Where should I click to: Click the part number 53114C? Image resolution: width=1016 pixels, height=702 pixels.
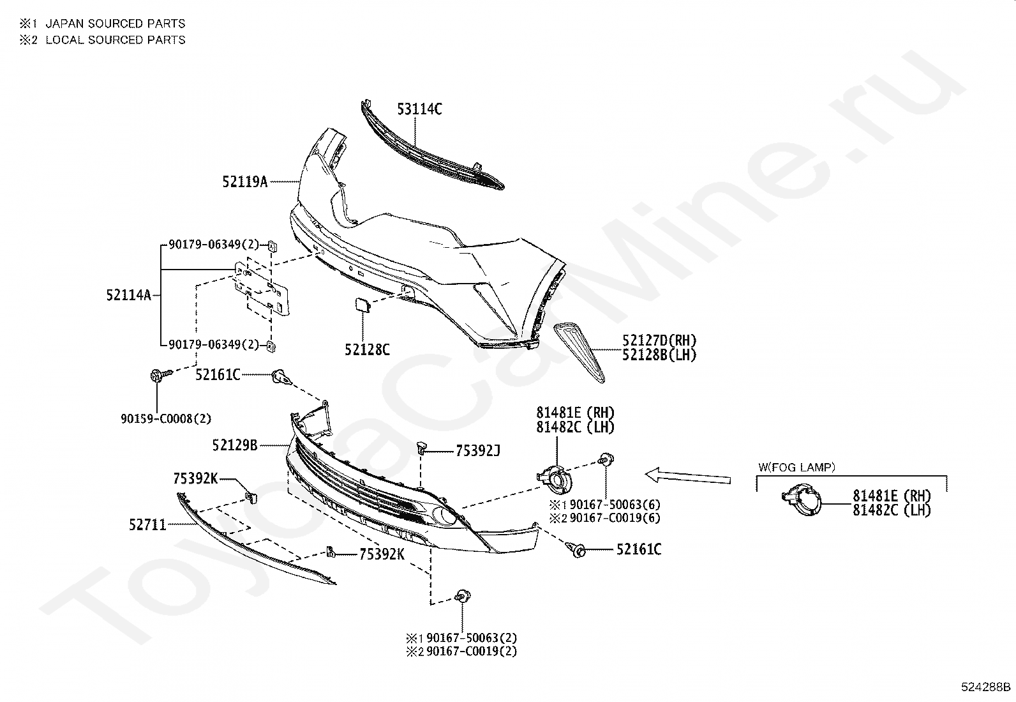point(419,109)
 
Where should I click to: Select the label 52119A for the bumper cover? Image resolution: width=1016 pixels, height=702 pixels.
point(244,182)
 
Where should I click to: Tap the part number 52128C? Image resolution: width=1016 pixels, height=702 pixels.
point(367,350)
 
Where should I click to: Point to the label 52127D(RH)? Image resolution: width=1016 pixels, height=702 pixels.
point(659,341)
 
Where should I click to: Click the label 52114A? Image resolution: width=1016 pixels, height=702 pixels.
point(128,295)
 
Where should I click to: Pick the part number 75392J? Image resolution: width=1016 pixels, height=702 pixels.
point(477,451)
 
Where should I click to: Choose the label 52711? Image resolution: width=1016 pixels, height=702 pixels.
point(147,525)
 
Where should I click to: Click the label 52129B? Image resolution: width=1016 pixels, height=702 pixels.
point(234,445)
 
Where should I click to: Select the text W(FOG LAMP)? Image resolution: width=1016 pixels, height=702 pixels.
point(796,468)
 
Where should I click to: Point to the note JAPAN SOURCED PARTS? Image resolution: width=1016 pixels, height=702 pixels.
point(115,24)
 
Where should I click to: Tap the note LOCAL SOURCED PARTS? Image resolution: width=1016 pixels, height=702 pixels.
point(115,40)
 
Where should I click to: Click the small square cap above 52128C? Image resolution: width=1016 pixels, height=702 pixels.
point(362,305)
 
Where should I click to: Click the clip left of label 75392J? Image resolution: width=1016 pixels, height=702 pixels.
point(422,447)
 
